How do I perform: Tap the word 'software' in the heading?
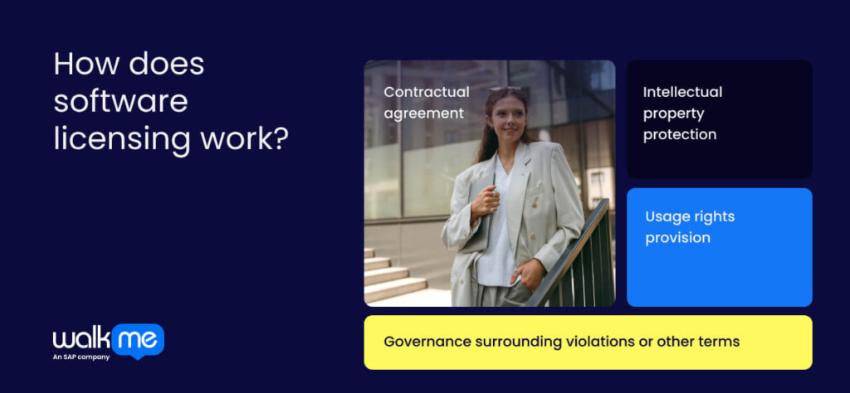tap(120, 101)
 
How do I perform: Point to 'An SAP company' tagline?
tap(81, 357)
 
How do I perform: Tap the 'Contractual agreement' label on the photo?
tap(426, 102)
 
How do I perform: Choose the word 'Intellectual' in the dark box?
tap(683, 92)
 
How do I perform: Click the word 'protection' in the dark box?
tap(679, 134)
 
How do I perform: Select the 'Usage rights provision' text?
tap(690, 227)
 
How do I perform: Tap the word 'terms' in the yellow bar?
tap(720, 342)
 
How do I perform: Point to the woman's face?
tap(506, 117)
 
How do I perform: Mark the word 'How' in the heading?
tap(81, 65)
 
